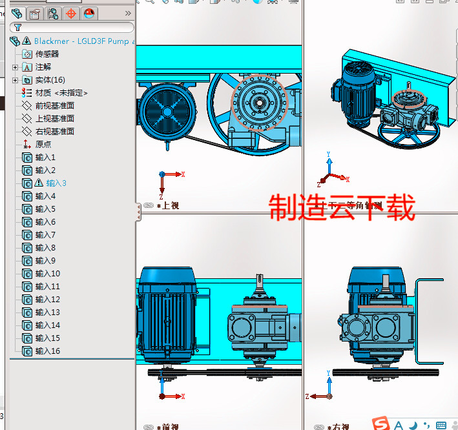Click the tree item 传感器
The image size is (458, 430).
click(47, 54)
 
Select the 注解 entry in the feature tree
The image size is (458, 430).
click(43, 67)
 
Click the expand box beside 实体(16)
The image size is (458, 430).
click(16, 80)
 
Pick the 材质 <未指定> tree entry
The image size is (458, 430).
click(61, 93)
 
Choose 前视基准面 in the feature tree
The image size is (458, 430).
click(54, 106)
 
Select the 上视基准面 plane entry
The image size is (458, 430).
click(54, 119)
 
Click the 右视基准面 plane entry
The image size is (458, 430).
click(54, 132)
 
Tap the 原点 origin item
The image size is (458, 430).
click(43, 145)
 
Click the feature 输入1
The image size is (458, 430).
click(45, 158)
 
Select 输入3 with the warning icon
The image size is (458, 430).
click(56, 183)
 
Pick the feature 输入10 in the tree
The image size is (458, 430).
click(47, 274)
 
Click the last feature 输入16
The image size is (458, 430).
click(47, 351)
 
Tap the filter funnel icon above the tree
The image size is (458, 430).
click(18, 28)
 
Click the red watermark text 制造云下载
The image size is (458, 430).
click(341, 208)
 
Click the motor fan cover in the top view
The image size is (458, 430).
click(167, 110)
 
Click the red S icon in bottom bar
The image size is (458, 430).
click(382, 424)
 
